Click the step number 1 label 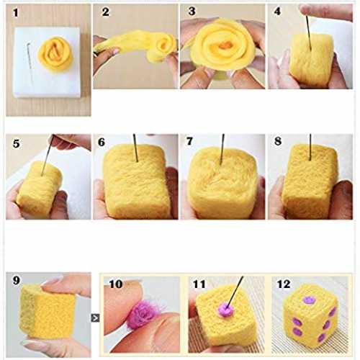coord(16,13)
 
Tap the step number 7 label coord(189,141)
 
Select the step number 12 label coord(284,284)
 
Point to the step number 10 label coord(116,284)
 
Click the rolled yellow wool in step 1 coord(56,54)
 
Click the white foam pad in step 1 coord(48,63)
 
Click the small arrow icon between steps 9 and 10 coord(95,318)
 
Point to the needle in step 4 coord(309,33)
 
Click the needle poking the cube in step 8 coord(310,147)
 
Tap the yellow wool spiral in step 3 coord(222,45)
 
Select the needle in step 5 coord(48,156)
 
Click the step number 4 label coord(277,12)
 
